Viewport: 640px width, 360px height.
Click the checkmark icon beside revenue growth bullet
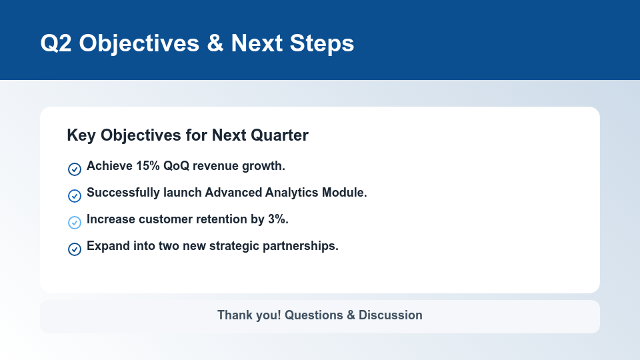coord(75,169)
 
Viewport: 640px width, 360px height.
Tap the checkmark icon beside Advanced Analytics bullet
coord(75,196)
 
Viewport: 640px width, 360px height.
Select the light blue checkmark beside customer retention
coord(75,223)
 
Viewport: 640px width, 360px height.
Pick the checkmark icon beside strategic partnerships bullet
coord(75,249)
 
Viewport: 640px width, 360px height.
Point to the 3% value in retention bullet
coord(277,219)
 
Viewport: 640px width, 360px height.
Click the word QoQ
coord(177,166)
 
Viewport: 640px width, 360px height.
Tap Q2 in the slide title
coord(56,43)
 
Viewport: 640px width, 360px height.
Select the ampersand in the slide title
coord(215,43)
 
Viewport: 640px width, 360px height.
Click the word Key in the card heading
coord(81,135)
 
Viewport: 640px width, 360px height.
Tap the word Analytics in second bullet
coord(291,193)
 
